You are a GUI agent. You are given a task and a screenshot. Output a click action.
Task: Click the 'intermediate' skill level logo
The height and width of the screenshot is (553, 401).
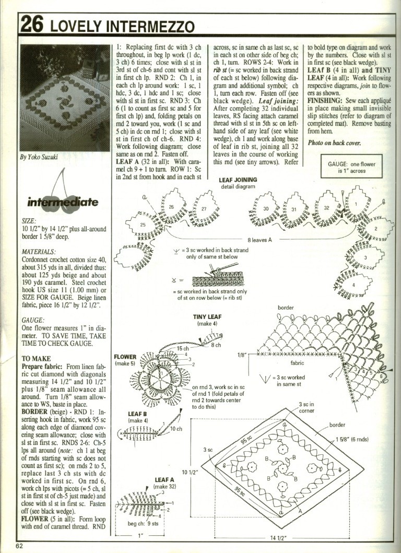[63, 202]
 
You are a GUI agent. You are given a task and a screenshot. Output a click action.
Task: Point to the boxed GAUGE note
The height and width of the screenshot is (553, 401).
[355, 167]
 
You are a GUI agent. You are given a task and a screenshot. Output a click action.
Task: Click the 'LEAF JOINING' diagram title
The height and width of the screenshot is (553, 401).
[238, 180]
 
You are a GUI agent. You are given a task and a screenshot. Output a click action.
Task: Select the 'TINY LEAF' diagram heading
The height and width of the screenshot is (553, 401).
[207, 317]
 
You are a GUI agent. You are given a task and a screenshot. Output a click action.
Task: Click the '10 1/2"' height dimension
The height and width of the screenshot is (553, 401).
[189, 473]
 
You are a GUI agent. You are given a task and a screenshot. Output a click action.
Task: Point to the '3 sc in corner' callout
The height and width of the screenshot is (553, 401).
[308, 407]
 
